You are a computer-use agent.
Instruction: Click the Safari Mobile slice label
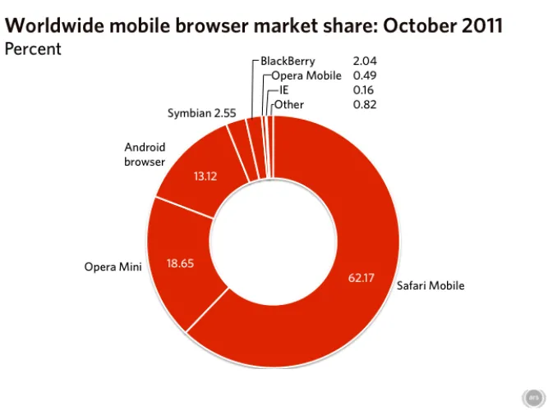click(x=431, y=286)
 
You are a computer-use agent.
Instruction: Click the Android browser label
click(x=145, y=154)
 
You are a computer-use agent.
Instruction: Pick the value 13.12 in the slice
click(x=205, y=175)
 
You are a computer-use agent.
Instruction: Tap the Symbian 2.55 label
click(x=197, y=112)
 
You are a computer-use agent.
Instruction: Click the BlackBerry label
click(x=288, y=61)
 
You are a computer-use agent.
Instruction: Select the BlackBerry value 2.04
click(x=365, y=61)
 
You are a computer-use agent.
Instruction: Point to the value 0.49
click(x=365, y=76)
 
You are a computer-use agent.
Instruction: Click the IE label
click(x=284, y=90)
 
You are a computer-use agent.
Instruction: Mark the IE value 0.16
click(x=365, y=90)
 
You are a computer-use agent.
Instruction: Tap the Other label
click(x=289, y=104)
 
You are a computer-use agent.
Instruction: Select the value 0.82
click(x=365, y=104)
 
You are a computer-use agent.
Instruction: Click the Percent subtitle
click(x=33, y=48)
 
